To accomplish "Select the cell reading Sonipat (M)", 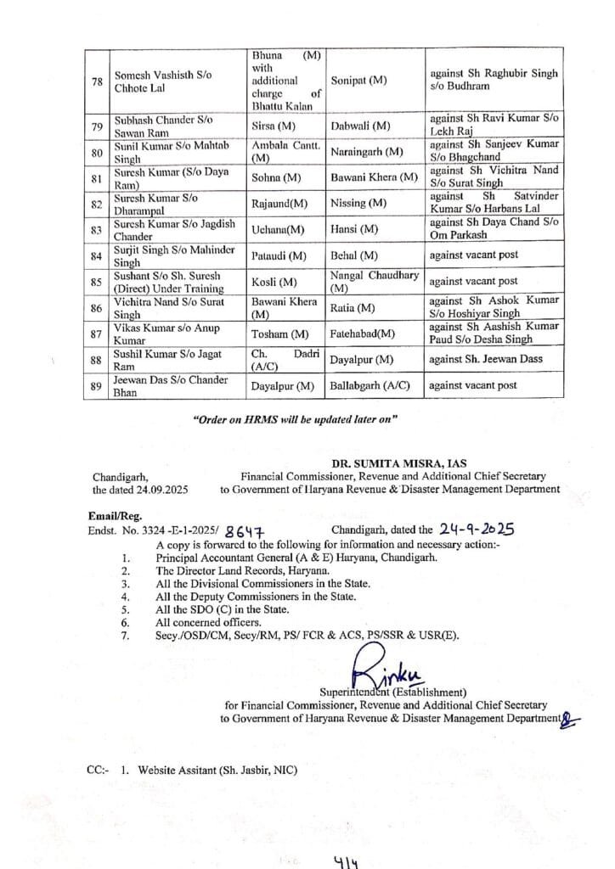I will (x=358, y=81).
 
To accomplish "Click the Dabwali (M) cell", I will (x=361, y=126).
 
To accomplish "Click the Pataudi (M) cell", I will (x=279, y=255).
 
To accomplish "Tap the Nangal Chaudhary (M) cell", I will (x=373, y=281).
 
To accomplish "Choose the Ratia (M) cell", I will (x=353, y=307).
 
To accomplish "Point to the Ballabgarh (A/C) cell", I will (x=370, y=385).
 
